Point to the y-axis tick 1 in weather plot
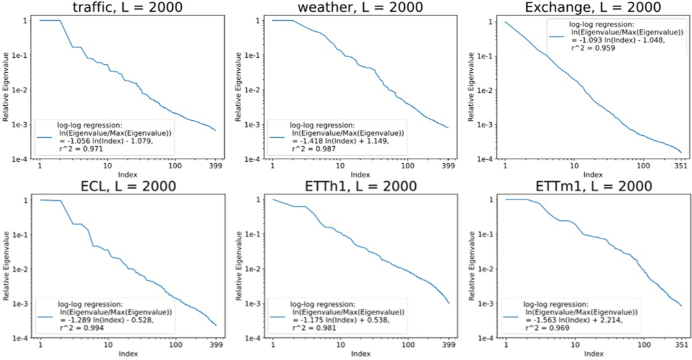[259, 21]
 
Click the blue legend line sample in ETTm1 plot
[512, 316]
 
